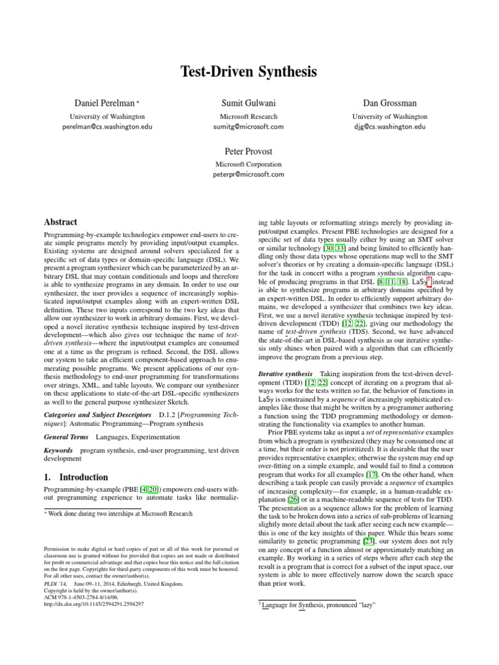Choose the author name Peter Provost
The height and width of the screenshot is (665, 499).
(x=249, y=151)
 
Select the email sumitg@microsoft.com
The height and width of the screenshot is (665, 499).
(x=249, y=127)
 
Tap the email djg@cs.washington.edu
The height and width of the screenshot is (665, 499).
(x=399, y=127)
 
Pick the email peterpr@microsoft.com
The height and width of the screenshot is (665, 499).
(x=249, y=175)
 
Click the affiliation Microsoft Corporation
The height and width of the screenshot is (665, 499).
(x=249, y=164)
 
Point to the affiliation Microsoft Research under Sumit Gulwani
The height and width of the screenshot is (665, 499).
(x=249, y=116)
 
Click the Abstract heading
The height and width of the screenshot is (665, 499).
(x=60, y=221)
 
